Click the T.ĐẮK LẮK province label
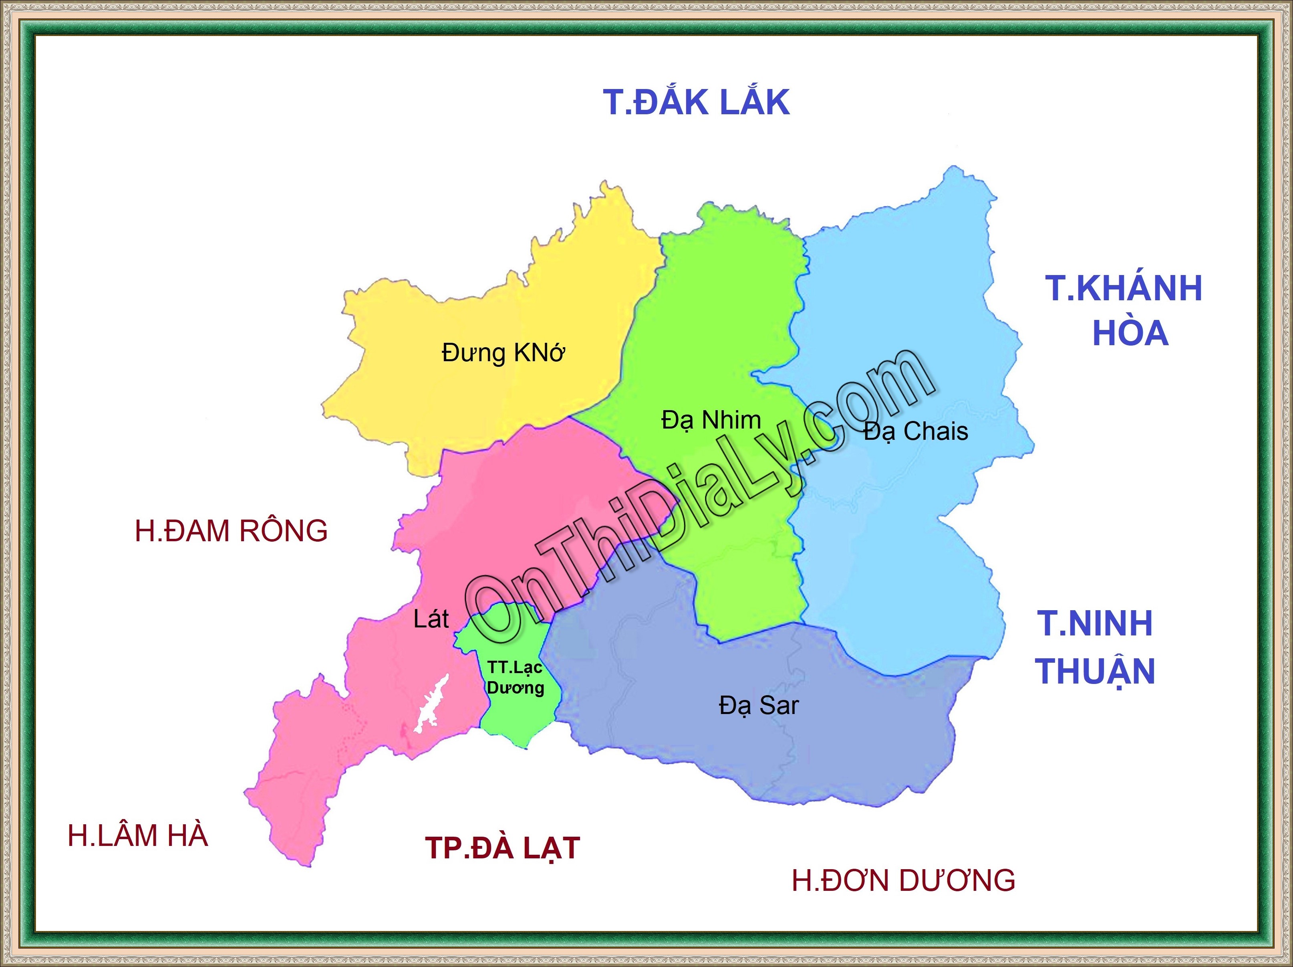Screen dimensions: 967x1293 point(696,102)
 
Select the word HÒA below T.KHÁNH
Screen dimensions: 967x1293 point(1130,334)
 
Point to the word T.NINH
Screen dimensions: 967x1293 point(1095,623)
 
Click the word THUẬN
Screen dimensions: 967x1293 point(1096,671)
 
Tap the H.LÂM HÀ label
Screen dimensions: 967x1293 point(138,836)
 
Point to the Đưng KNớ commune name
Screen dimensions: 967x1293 point(503,353)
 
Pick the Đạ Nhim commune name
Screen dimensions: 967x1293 point(711,420)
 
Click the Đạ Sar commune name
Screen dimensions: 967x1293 point(758,706)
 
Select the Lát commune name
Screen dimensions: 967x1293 point(431,619)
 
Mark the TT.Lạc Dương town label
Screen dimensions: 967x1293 point(515,678)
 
